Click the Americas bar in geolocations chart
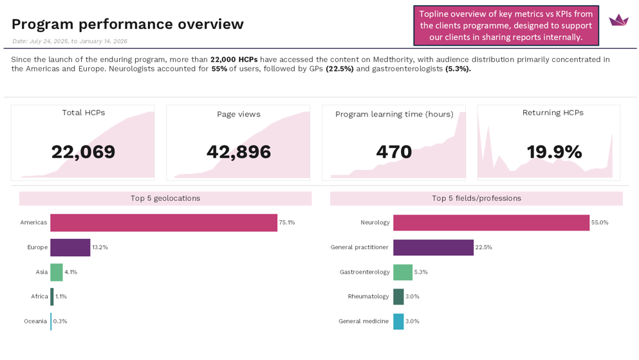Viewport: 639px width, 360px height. point(163,223)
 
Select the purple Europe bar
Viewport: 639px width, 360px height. point(70,247)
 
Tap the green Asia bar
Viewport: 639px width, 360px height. point(57,272)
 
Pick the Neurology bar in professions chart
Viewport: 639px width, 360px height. point(491,223)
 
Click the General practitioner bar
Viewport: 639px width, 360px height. point(433,247)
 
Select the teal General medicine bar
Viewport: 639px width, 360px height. point(398,321)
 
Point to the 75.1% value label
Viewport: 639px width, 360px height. point(287,223)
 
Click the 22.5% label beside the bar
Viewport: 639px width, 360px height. point(483,247)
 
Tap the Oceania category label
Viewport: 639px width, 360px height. point(35,321)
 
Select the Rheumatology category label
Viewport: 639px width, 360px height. point(369,297)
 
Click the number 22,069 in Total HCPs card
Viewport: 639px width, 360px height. point(83,152)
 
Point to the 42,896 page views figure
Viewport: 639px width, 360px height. point(239,152)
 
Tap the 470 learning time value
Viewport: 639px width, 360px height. point(394,152)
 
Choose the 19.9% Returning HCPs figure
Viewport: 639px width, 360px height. point(554,152)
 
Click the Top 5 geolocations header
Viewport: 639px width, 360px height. point(165,198)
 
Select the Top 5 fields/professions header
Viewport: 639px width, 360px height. point(476,198)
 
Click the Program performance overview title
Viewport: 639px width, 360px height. point(127,24)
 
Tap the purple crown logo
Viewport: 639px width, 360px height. point(618,20)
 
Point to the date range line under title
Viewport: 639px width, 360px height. point(69,41)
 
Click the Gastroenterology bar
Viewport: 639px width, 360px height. point(403,272)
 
